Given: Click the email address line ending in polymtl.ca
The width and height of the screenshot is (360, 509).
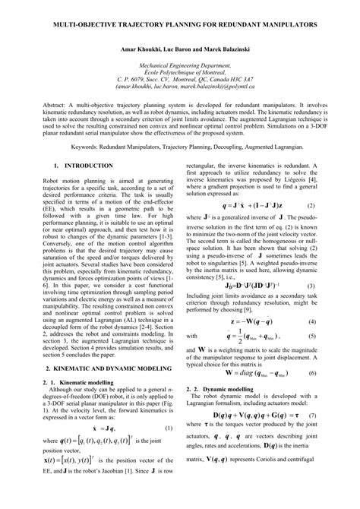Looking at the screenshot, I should pos(179,107).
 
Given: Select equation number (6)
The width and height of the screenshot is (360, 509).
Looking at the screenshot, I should pos(312,394).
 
